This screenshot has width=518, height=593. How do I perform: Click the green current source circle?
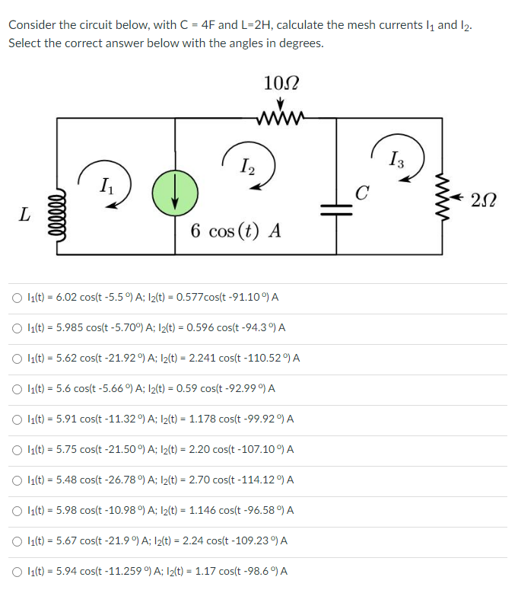[176, 191]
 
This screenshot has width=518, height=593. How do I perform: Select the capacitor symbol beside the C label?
[335, 209]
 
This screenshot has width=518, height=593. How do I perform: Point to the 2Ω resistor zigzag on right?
[443, 197]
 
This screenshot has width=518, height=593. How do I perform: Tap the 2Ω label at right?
[485, 200]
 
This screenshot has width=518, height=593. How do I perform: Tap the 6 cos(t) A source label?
[235, 231]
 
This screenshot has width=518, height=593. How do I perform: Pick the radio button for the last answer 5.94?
[16, 571]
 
